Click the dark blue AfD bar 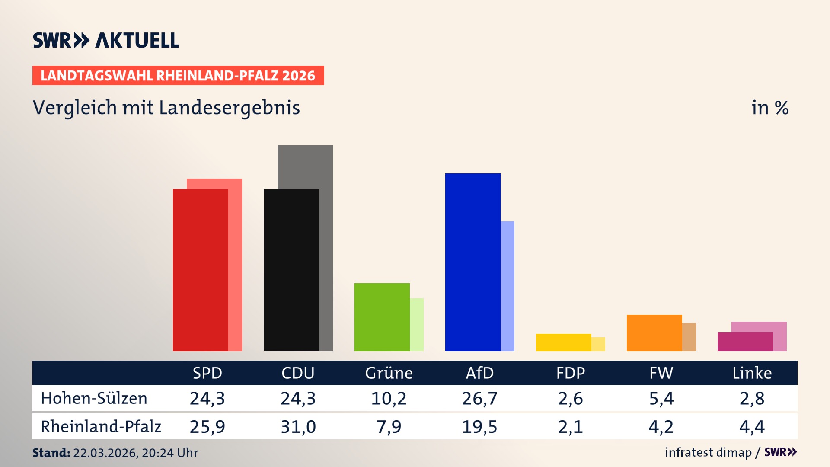[472, 262]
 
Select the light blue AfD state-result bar [508, 285]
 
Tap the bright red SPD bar [200, 270]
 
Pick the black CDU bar [291, 270]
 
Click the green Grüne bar [382, 317]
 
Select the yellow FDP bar [563, 342]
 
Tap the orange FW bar [654, 333]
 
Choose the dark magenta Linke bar [745, 341]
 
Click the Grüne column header [389, 373]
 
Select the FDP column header [570, 373]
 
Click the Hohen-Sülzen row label [94, 398]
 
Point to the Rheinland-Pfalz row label [101, 426]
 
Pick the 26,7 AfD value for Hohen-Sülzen [479, 398]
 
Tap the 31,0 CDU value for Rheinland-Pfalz [298, 427]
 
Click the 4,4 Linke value [752, 427]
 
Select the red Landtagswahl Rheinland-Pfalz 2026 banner [178, 75]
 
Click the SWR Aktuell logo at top [106, 40]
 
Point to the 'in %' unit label [769, 108]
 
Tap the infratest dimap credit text [708, 452]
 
